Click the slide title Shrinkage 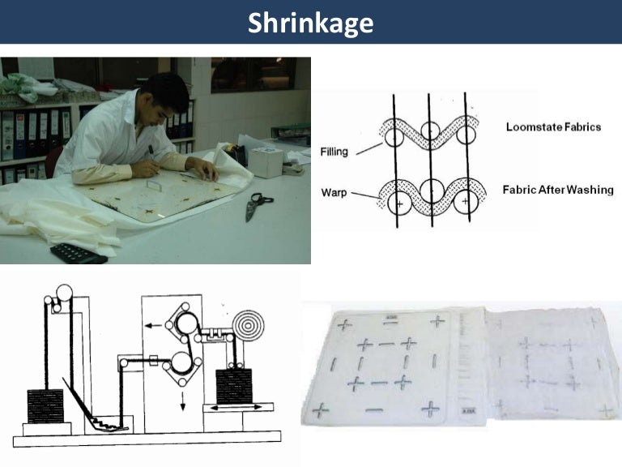coord(311,22)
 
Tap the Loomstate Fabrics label coord(553,127)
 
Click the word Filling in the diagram coord(334,151)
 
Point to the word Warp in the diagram coord(334,194)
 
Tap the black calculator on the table coord(78,252)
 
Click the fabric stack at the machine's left coord(45,405)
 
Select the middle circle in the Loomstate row coord(428,131)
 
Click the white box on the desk coord(264,161)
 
